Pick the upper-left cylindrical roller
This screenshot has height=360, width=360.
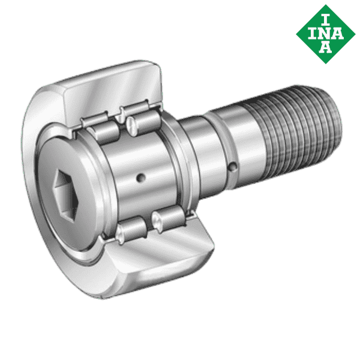(x=99, y=127)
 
